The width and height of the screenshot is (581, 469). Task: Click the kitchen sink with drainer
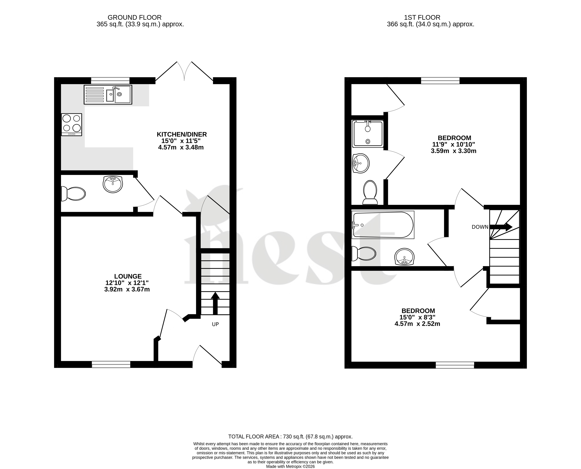tap(108, 94)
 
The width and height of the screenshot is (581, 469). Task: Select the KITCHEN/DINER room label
tap(182, 134)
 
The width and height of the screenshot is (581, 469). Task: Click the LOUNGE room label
tap(128, 276)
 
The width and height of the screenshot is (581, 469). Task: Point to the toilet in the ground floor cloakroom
tap(73, 193)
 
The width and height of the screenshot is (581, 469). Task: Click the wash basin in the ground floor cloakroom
tap(113, 184)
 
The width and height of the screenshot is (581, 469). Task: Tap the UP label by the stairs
tap(215, 324)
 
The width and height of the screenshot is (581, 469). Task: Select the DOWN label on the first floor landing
tap(480, 227)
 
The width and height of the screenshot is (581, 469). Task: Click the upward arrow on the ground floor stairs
tap(215, 303)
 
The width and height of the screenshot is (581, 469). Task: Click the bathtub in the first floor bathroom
tap(383, 225)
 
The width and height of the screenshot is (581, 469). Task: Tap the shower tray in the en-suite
tap(368, 134)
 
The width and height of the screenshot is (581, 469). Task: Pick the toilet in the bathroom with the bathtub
tap(363, 254)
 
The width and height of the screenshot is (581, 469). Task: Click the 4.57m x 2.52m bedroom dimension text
tap(417, 324)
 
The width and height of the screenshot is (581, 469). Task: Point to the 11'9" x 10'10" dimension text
tap(454, 144)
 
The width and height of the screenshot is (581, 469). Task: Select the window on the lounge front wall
tap(111, 364)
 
